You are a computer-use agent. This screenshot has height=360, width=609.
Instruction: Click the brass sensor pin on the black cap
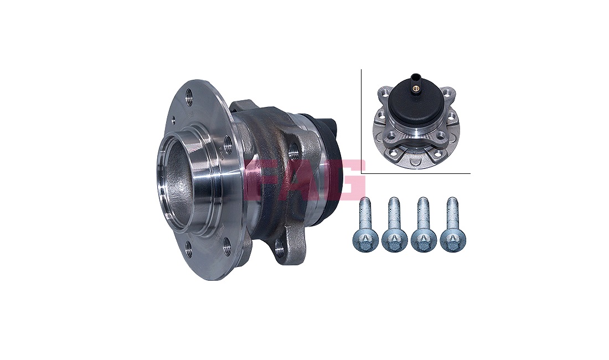[x=417, y=89]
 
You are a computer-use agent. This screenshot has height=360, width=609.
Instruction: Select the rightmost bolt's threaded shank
[x=452, y=213]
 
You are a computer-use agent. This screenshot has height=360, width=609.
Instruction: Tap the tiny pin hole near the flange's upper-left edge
[x=174, y=117]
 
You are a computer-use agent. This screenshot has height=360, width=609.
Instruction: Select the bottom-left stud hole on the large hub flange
[x=189, y=249]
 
